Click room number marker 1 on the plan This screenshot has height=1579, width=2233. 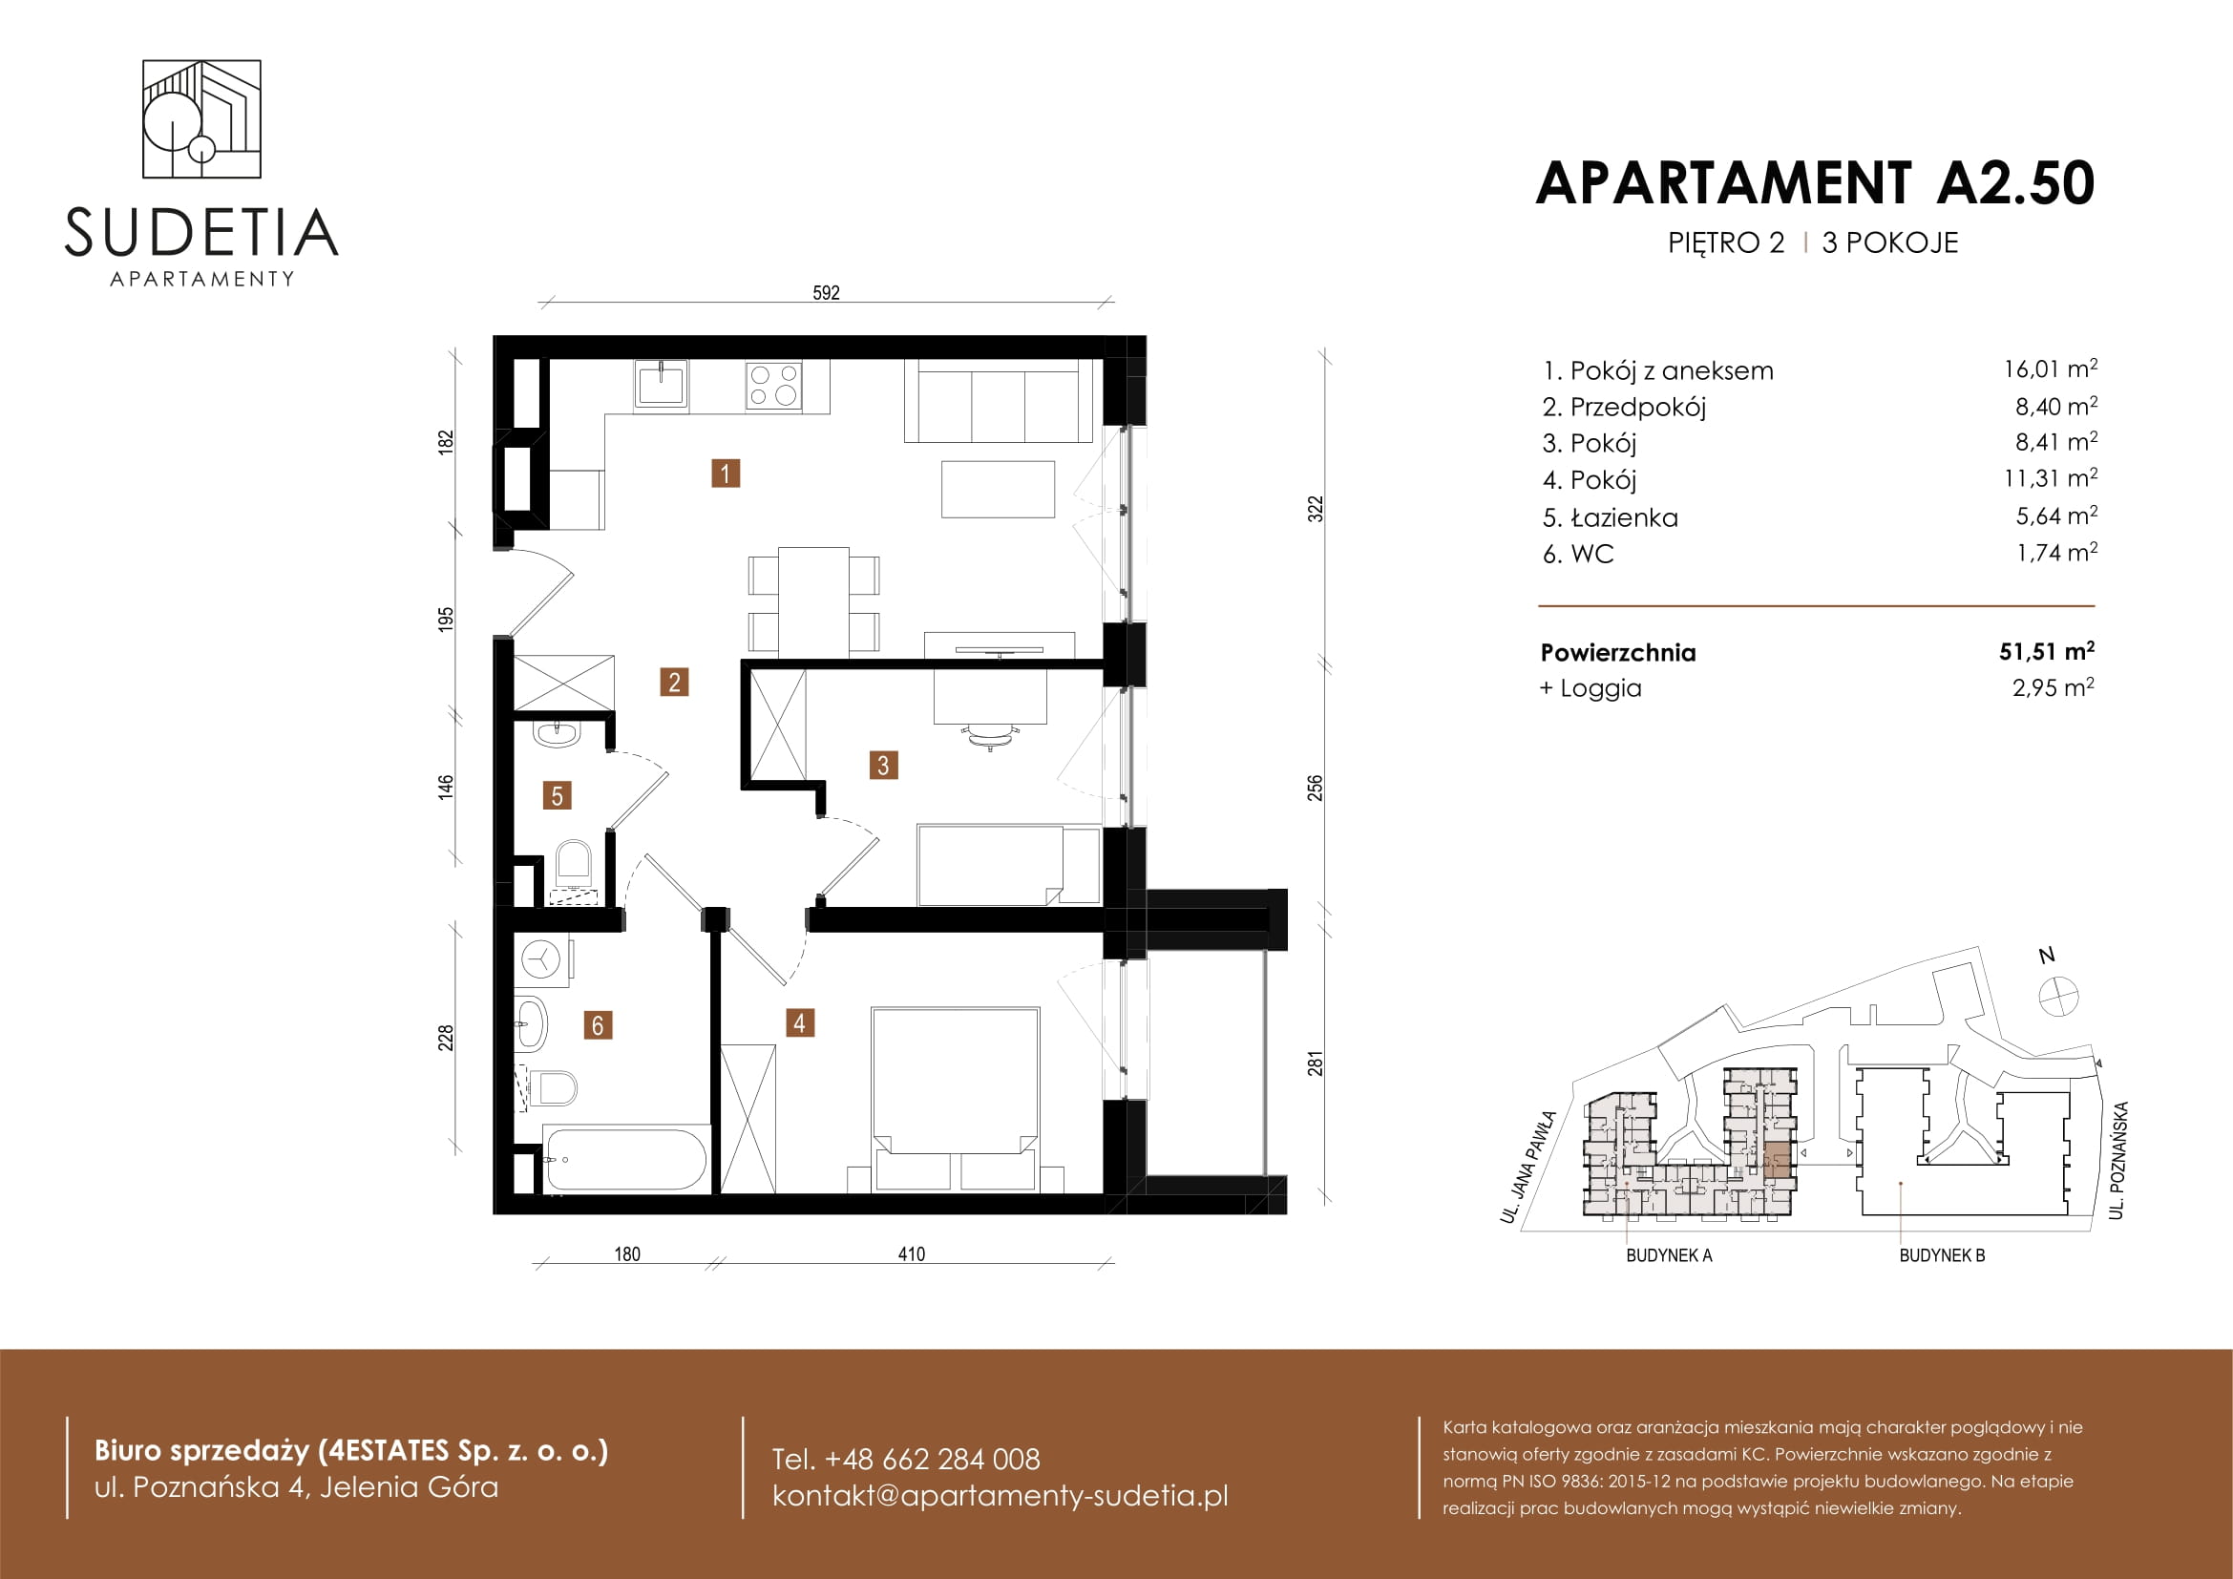(x=726, y=474)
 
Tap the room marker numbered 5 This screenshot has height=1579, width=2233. (x=557, y=796)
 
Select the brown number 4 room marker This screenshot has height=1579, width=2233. (x=799, y=1022)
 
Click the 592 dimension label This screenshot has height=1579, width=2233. (x=826, y=293)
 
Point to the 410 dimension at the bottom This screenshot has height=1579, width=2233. (x=912, y=1254)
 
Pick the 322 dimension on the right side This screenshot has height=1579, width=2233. (x=1315, y=510)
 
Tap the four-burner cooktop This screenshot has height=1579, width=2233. (x=774, y=384)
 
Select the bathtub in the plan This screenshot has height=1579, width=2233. (x=626, y=1159)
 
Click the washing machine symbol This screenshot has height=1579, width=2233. (x=541, y=960)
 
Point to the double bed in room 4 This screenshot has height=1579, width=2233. (x=955, y=1100)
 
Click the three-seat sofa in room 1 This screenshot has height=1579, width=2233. (x=997, y=402)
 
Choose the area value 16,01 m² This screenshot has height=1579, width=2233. (x=2050, y=369)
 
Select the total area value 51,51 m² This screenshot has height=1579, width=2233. (x=2046, y=651)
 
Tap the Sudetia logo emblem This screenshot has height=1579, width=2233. (x=201, y=118)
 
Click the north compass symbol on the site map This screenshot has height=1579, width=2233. (x=2059, y=997)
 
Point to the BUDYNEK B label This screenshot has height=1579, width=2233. (x=1941, y=1255)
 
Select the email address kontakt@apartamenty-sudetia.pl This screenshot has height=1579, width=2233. (x=1000, y=1495)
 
